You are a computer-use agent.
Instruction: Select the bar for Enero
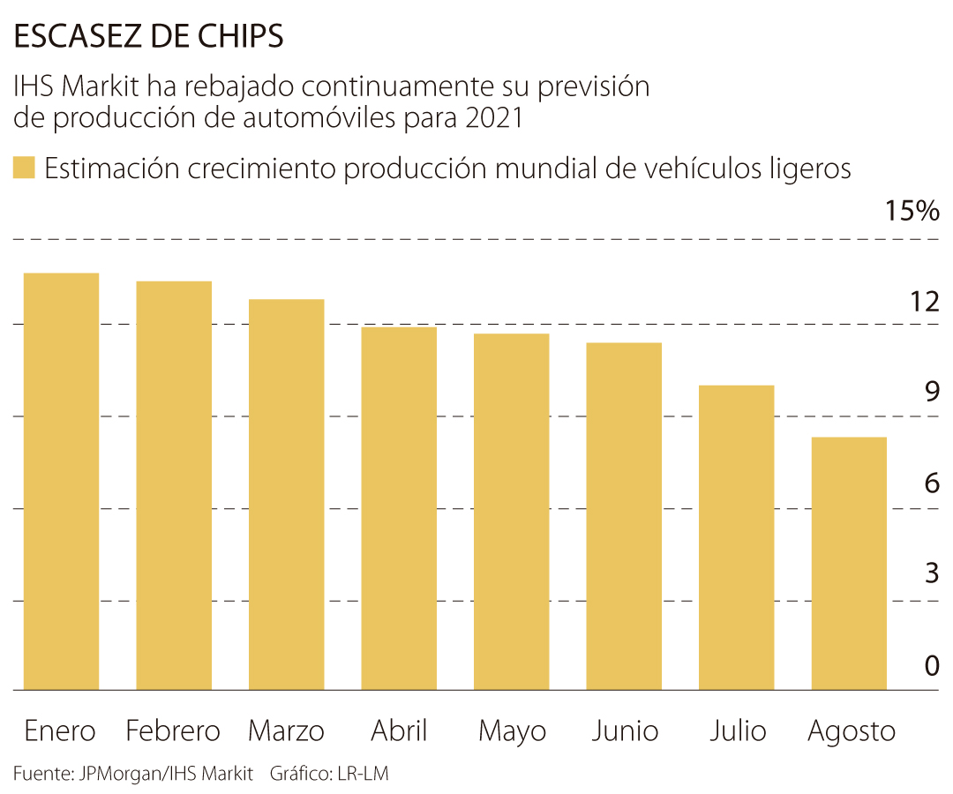(x=62, y=482)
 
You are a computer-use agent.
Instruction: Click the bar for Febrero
(x=174, y=485)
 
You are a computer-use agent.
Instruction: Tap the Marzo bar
(x=287, y=494)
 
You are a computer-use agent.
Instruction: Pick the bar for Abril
(x=399, y=508)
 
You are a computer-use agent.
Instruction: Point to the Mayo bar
(x=512, y=512)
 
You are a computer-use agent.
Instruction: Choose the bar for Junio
(x=624, y=516)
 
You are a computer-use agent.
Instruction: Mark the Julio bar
(x=737, y=537)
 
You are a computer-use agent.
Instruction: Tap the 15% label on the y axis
(x=912, y=212)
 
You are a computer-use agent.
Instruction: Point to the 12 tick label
(x=925, y=303)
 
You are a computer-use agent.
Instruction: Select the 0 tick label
(x=932, y=666)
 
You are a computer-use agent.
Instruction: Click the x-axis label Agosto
(x=852, y=731)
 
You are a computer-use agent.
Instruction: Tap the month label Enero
(x=60, y=731)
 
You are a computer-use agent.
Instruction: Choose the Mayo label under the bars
(x=512, y=731)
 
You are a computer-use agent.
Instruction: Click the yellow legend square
(x=24, y=168)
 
